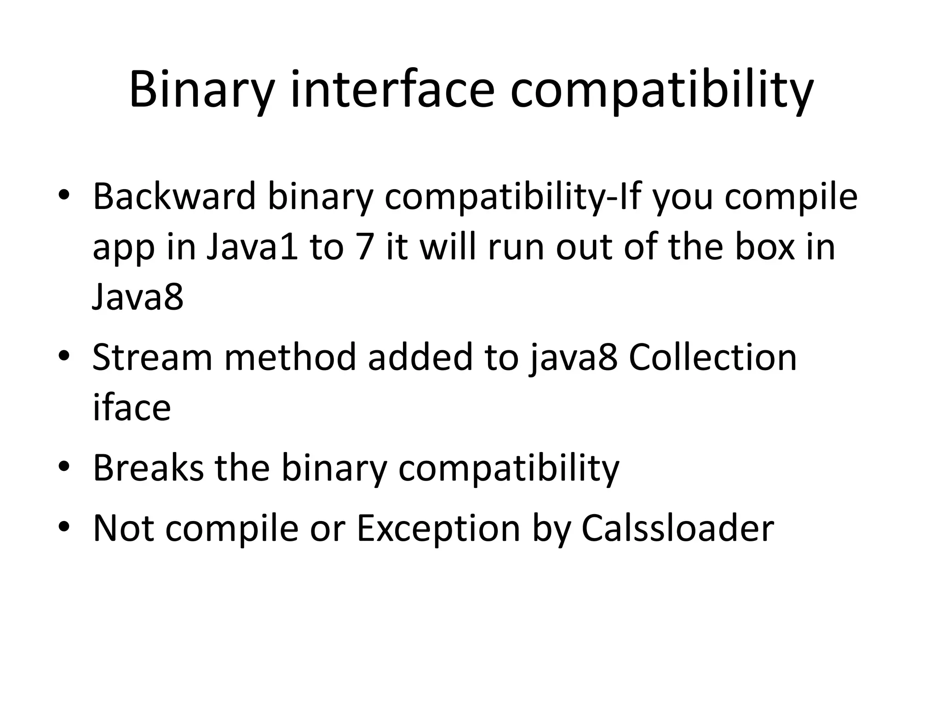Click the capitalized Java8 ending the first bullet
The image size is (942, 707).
(x=138, y=297)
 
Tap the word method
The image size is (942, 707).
(x=290, y=357)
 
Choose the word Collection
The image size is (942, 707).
(x=712, y=357)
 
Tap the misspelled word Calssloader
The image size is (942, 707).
(x=678, y=528)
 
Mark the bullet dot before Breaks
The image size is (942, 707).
(x=64, y=466)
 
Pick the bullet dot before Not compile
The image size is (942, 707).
(x=64, y=527)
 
